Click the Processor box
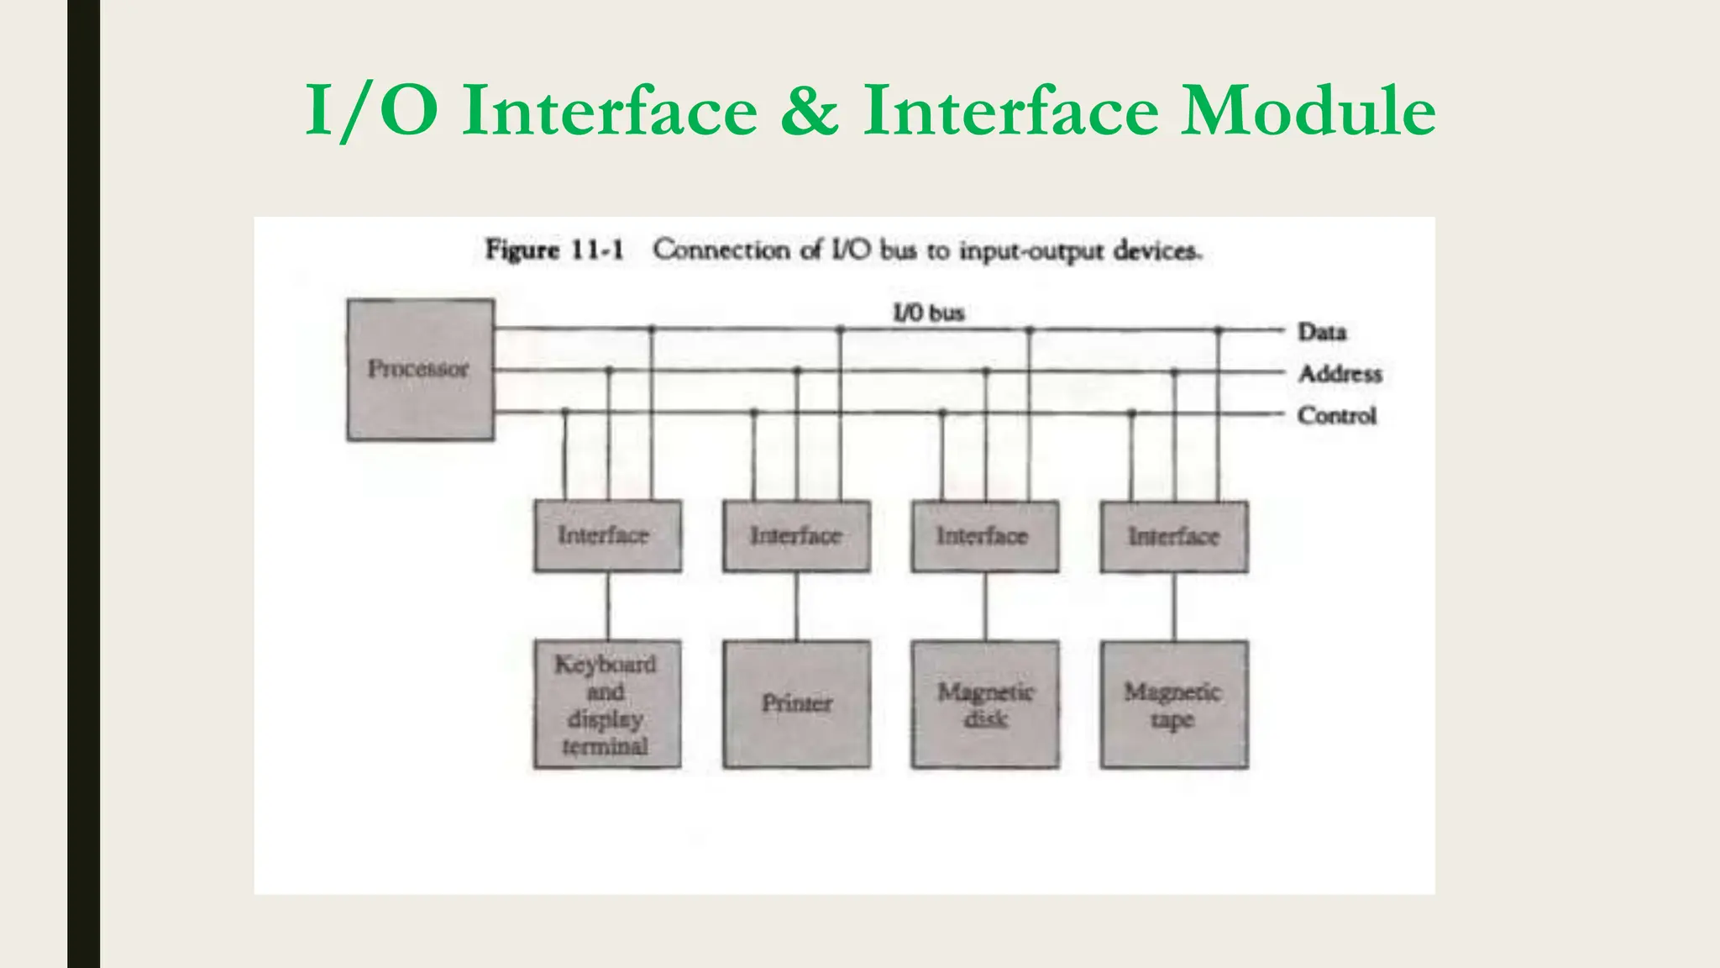tap(420, 370)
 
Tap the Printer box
tap(796, 704)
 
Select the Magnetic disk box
tap(985, 704)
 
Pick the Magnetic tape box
tap(1173, 704)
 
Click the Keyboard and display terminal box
tap(606, 704)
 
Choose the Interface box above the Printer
tap(796, 536)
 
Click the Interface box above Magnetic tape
tap(1173, 536)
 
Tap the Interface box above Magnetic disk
tap(984, 536)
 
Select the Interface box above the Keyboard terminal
tap(606, 536)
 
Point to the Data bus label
tap(1322, 332)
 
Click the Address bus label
tap(1340, 374)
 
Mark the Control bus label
tap(1336, 416)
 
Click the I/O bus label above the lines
tap(928, 313)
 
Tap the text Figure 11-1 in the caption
tap(554, 250)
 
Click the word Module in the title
tap(1308, 111)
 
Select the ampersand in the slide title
tap(809, 111)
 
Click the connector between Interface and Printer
tap(797, 607)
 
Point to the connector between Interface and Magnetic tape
tap(1174, 607)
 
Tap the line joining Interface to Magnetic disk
tap(985, 607)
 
